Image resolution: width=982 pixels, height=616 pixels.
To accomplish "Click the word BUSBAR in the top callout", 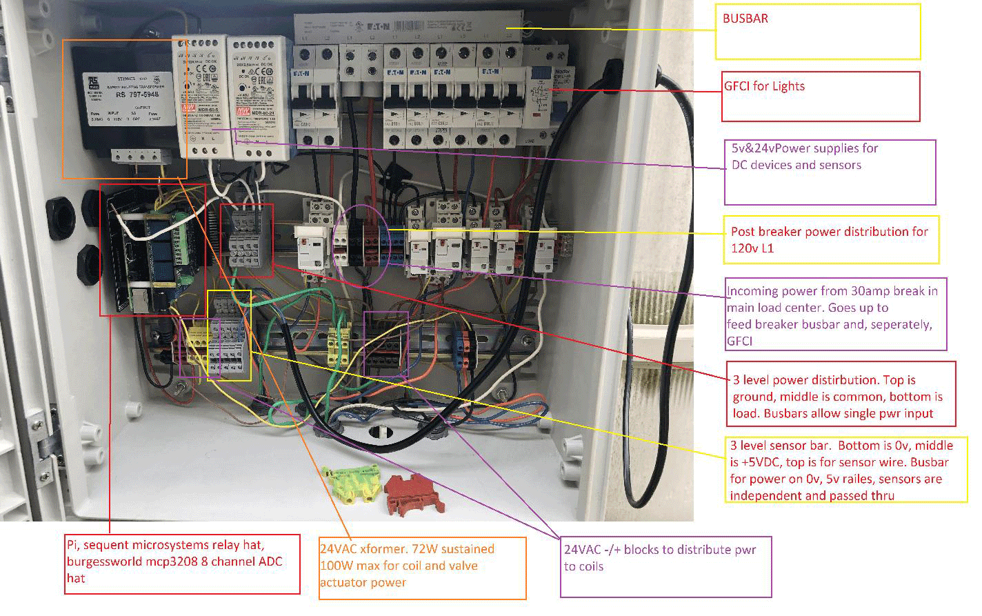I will click(x=745, y=19).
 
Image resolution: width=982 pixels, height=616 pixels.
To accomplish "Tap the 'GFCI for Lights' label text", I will click(x=764, y=86).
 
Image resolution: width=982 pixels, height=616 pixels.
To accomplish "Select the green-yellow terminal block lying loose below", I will click(x=352, y=482).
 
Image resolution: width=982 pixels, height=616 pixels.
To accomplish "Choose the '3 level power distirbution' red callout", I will click(x=837, y=397).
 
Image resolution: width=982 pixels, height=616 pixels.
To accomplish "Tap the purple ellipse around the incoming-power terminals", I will click(x=361, y=245).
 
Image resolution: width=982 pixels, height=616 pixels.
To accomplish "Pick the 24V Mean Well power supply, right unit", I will click(x=250, y=97).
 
